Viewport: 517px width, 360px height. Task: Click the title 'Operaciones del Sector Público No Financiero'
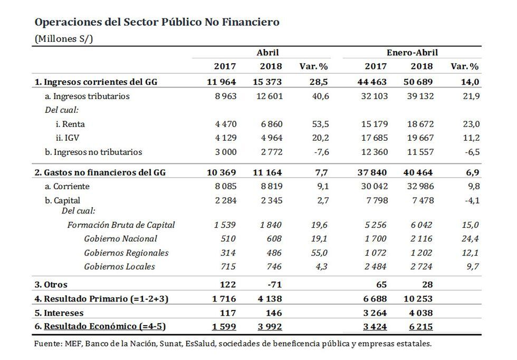pos(157,22)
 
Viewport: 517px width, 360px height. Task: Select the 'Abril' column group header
pos(267,53)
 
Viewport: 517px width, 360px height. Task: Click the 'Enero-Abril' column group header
pos(412,53)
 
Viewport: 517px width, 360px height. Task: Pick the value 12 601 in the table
pos(271,96)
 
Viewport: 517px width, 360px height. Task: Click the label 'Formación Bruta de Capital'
pos(121,225)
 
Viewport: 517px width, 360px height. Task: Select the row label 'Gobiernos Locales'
pos(120,266)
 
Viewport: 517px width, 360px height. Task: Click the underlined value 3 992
pos(271,327)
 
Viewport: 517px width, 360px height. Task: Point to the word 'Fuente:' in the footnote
pos(49,344)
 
